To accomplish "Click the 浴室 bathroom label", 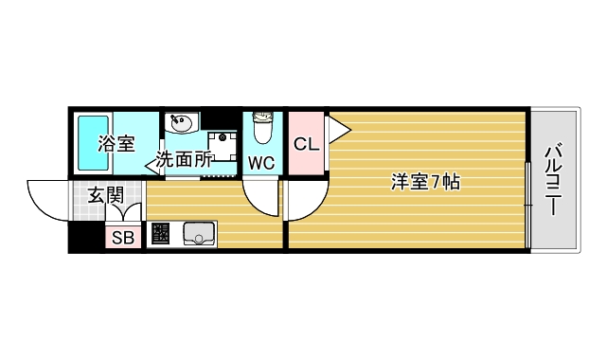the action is [116, 144].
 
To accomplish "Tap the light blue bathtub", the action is [91, 143].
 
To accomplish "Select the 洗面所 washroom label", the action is [184, 160].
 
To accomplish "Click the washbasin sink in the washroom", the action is [181, 123].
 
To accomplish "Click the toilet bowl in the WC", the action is [262, 126].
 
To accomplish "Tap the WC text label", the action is [261, 163].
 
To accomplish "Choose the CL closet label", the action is [305, 145].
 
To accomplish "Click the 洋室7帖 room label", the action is [424, 183].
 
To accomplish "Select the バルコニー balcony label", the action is [554, 181].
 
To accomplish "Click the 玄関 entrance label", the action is [105, 196].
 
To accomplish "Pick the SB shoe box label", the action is [123, 238].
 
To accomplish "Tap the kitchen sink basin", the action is [200, 233].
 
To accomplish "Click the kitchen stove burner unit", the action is [160, 233].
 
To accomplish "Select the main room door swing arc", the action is [306, 201].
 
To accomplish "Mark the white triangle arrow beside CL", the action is [334, 126].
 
